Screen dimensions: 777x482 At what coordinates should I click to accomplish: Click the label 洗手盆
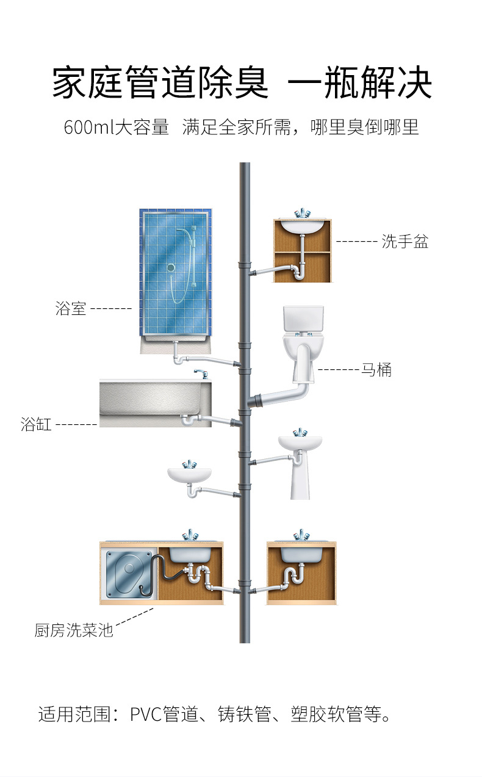405,242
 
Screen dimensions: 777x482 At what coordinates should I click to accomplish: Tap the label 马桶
376,370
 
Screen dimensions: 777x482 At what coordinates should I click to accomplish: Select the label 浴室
71,309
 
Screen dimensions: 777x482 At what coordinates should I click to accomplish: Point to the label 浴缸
36,424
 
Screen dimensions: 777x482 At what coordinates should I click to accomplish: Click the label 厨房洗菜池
73,630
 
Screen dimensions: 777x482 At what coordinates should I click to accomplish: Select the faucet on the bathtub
200,373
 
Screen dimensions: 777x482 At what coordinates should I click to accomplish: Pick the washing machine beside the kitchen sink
128,574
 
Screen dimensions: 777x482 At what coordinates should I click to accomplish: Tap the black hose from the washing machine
160,574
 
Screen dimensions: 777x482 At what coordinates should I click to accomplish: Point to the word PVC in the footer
146,714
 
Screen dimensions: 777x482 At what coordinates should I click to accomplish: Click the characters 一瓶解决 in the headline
359,84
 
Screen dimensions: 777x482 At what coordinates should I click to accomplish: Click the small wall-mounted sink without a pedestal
190,475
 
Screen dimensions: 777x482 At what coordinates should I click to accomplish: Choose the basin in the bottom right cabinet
301,554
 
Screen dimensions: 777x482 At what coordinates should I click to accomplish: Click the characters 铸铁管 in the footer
244,714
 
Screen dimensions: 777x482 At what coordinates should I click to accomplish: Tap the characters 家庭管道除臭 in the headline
160,84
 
